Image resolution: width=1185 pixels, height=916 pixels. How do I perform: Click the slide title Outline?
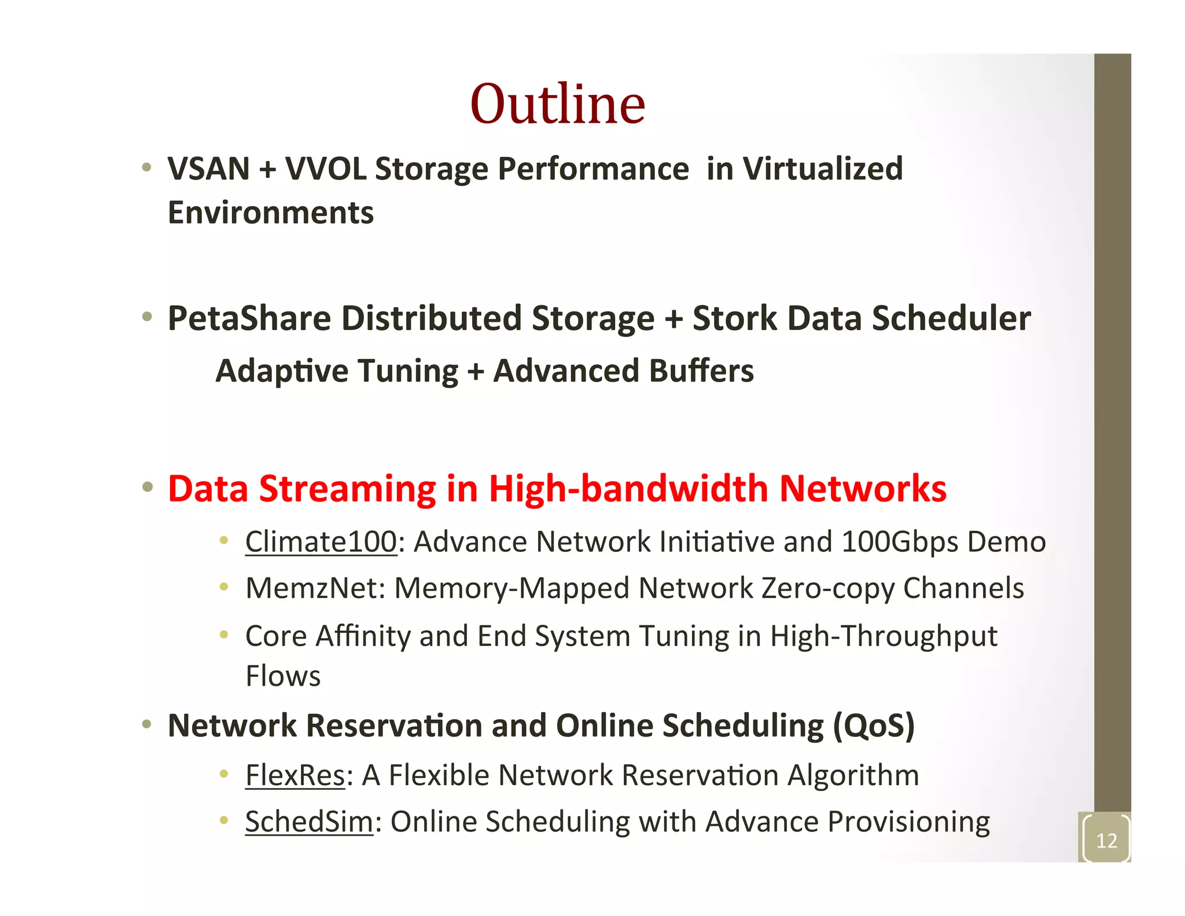coord(557,104)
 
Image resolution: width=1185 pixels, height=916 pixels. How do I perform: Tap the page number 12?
coord(1106,840)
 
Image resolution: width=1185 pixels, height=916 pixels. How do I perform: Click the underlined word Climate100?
coord(321,542)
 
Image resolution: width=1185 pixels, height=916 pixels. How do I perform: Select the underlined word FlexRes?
coord(295,775)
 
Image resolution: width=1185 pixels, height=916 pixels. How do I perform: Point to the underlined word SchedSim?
coord(309,822)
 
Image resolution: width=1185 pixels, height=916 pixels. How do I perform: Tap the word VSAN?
coord(208,169)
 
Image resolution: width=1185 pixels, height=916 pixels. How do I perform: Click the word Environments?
coord(271,212)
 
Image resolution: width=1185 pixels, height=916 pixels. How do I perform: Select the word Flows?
coord(283,676)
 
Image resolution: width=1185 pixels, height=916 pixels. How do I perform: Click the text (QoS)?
coord(874,726)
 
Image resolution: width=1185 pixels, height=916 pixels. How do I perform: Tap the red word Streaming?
coord(347,489)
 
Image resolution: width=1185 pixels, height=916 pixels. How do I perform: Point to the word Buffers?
coord(701,371)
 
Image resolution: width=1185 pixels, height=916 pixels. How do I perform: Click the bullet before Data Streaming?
coord(148,487)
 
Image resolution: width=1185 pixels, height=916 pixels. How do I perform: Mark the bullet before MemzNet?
coord(224,587)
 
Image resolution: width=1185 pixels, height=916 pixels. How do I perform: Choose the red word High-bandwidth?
coord(628,489)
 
